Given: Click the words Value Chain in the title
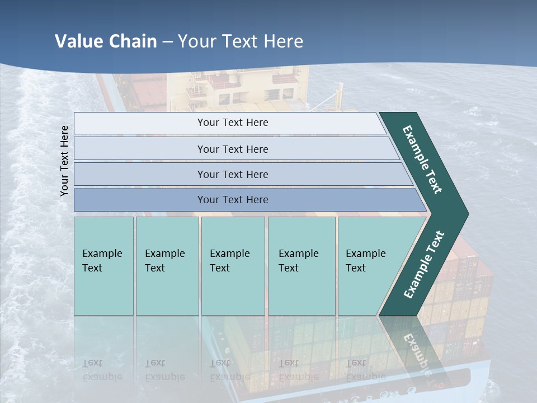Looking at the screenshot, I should pos(106,41).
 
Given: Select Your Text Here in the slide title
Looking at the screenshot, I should pos(241,41).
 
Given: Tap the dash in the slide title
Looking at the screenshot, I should pos(167,42).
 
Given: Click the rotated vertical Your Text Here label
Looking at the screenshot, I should pos(65,161).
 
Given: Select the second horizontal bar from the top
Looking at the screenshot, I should pos(232,149).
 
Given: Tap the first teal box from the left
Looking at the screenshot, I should pos(103,266).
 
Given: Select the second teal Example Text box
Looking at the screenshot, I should pos(167,266).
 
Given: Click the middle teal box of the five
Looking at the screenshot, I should pos(233,266).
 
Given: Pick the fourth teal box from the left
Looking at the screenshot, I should pos(302,266).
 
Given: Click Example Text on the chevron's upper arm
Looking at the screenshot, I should pos(422,160).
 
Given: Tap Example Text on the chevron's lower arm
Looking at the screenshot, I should pos(424,264).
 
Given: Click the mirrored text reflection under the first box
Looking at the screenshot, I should pos(102,370).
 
